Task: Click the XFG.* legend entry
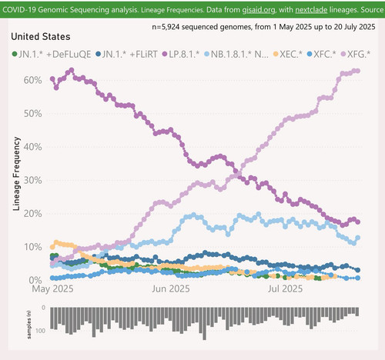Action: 356,54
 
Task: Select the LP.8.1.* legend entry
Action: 181,54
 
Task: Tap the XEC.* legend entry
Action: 288,54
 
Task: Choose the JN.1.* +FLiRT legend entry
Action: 126,54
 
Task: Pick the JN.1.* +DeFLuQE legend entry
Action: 52,54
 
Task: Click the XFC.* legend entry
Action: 322,54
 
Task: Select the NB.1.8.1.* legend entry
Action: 236,54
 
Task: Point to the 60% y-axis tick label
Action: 32,80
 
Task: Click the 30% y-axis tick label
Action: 32,180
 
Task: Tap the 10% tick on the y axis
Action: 32,247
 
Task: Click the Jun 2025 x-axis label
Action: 171,288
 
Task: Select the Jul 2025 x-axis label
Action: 285,288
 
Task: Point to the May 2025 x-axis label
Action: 52,288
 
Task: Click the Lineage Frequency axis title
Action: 16,174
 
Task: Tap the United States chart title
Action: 41,37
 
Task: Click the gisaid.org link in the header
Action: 259,10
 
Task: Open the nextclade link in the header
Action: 311,10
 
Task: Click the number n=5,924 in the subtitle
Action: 166,27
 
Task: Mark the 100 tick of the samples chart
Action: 41,331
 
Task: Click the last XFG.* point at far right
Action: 357,71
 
